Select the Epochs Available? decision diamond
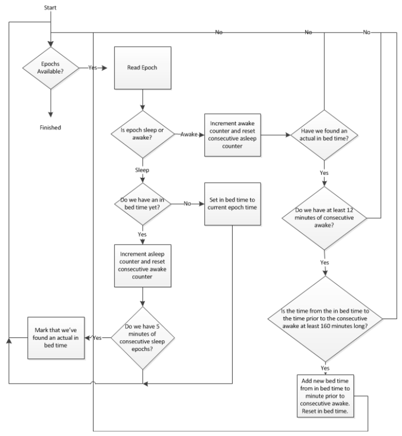pos(51,67)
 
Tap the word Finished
pos(51,128)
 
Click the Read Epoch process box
pos(141,67)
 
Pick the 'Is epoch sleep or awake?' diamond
pos(141,134)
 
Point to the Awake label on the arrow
pos(189,134)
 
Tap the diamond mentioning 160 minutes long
pos(324,317)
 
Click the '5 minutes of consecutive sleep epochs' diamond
pos(141,337)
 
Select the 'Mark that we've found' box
pos(56,337)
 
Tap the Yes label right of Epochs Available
pos(93,67)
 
